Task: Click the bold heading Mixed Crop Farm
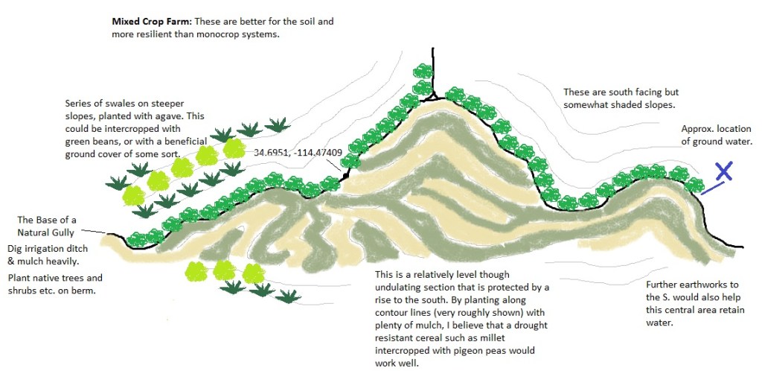click(x=152, y=22)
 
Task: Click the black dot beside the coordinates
click(x=346, y=174)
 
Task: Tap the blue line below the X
click(x=711, y=188)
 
